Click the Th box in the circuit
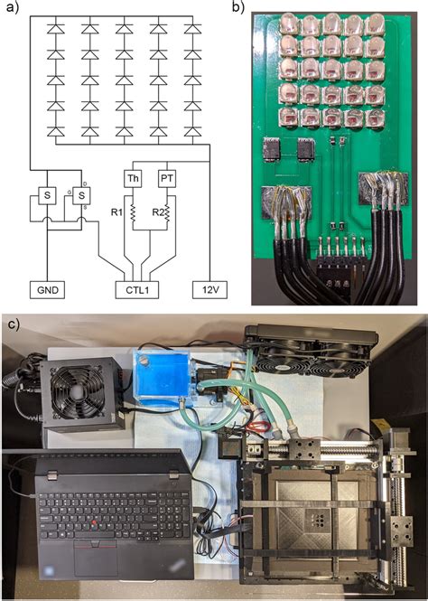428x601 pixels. pos(134,178)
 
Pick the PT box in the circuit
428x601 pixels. pos(167,178)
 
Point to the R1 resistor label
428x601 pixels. pos(115,214)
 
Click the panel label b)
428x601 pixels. pos(237,8)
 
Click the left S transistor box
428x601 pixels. pos(47,195)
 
